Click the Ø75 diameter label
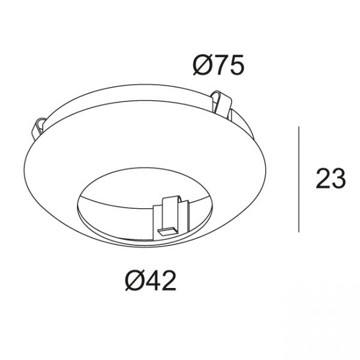tap(218, 65)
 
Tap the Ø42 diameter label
tap(151, 280)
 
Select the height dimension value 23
tap(331, 179)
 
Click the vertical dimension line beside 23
tap(299, 179)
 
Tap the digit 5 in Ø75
tap(236, 65)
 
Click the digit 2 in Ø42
tap(169, 280)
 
